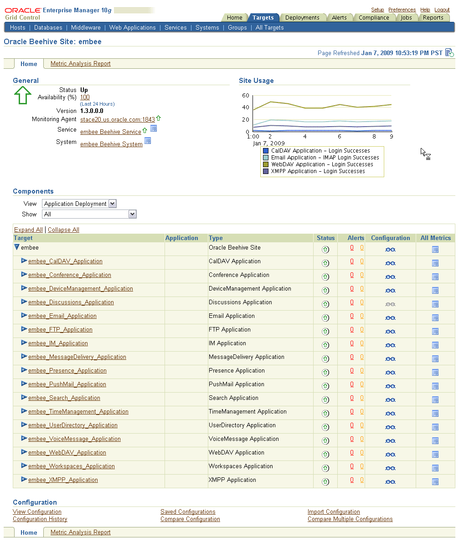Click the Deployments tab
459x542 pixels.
click(302, 18)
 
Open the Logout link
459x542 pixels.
click(442, 10)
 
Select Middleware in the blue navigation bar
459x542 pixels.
click(86, 28)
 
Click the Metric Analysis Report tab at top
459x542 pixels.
click(81, 64)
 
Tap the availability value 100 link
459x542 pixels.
click(85, 97)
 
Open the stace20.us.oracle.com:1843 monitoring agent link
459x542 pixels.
click(117, 120)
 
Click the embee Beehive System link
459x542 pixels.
click(111, 144)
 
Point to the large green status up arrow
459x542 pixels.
click(22, 95)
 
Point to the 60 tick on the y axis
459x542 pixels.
click(245, 96)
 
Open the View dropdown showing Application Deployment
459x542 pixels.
click(79, 204)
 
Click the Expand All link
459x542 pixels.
click(28, 230)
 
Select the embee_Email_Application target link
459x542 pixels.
click(62, 316)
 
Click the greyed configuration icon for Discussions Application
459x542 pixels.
click(390, 304)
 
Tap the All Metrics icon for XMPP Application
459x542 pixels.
click(435, 481)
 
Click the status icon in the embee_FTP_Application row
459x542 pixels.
click(325, 331)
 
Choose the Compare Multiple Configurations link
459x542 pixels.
click(350, 519)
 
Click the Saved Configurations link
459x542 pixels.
click(188, 512)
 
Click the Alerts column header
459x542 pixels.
click(356, 238)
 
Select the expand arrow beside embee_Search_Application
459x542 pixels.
click(24, 398)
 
